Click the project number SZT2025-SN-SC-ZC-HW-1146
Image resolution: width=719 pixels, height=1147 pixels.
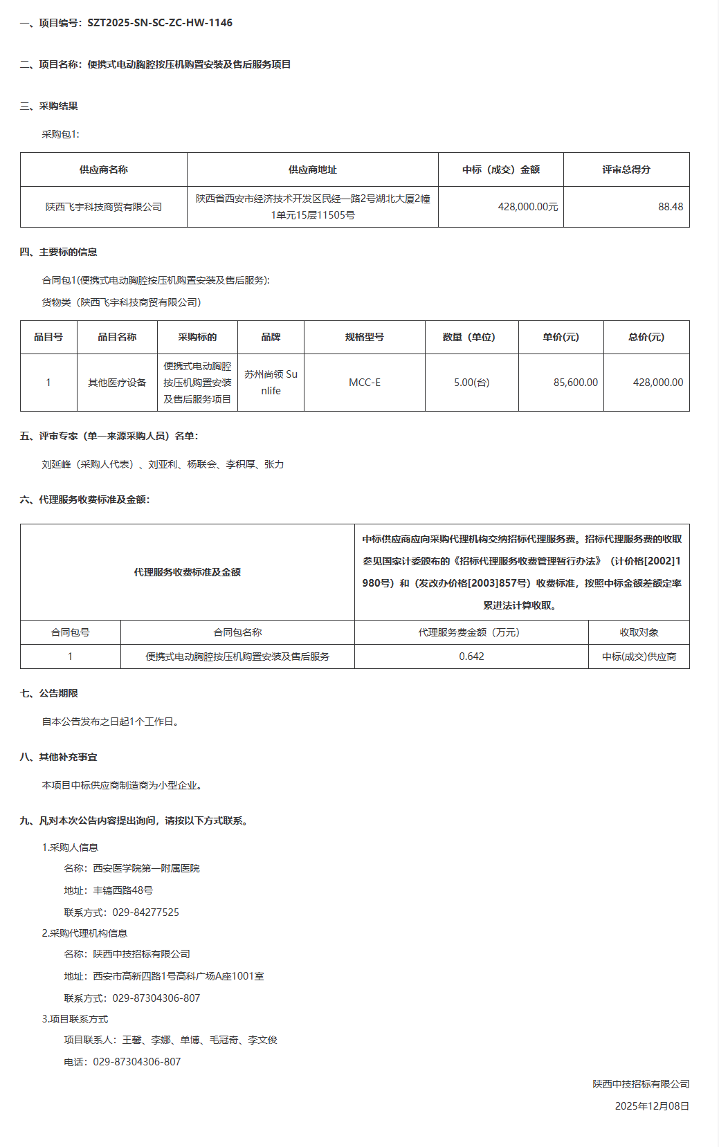click(x=160, y=23)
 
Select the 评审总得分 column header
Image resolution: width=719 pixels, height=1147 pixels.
click(x=626, y=169)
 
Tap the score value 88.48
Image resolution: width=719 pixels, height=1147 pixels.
click(x=670, y=207)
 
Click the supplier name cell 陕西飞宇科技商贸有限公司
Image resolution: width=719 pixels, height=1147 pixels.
click(x=104, y=207)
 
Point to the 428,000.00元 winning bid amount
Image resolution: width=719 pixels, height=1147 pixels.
click(x=527, y=207)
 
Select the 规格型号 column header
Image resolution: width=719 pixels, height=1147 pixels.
click(x=364, y=337)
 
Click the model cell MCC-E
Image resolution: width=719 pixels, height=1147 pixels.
click(x=364, y=383)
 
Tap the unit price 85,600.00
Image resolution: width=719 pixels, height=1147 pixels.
click(x=575, y=383)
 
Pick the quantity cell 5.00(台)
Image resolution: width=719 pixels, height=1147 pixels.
click(x=471, y=383)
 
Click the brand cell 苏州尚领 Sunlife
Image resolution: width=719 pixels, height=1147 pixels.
click(x=271, y=383)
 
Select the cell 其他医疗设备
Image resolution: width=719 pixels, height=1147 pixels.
click(x=117, y=383)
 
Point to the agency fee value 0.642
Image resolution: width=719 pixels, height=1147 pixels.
click(x=471, y=657)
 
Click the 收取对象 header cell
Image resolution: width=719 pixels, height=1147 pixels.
click(x=639, y=632)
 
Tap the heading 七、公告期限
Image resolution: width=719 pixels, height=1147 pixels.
click(x=49, y=693)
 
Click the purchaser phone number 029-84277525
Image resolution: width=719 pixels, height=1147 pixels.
click(x=145, y=912)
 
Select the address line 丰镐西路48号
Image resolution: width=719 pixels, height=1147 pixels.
click(x=122, y=890)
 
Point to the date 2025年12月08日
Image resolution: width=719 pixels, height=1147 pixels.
click(x=652, y=1106)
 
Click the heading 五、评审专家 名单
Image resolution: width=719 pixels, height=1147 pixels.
click(x=109, y=436)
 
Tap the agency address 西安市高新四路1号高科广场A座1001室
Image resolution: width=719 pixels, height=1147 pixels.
click(x=179, y=976)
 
